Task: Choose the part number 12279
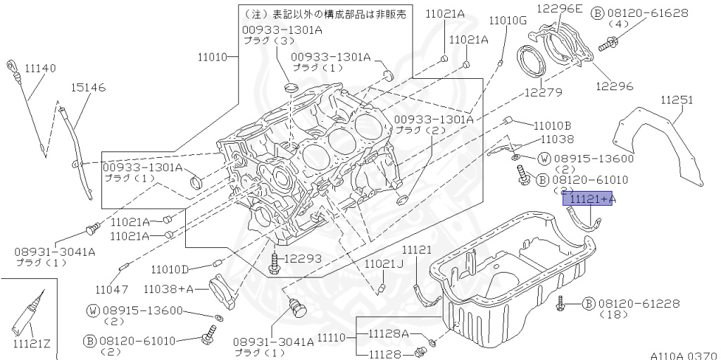[542, 92]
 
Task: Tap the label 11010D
[170, 269]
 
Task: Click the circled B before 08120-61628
[596, 13]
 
